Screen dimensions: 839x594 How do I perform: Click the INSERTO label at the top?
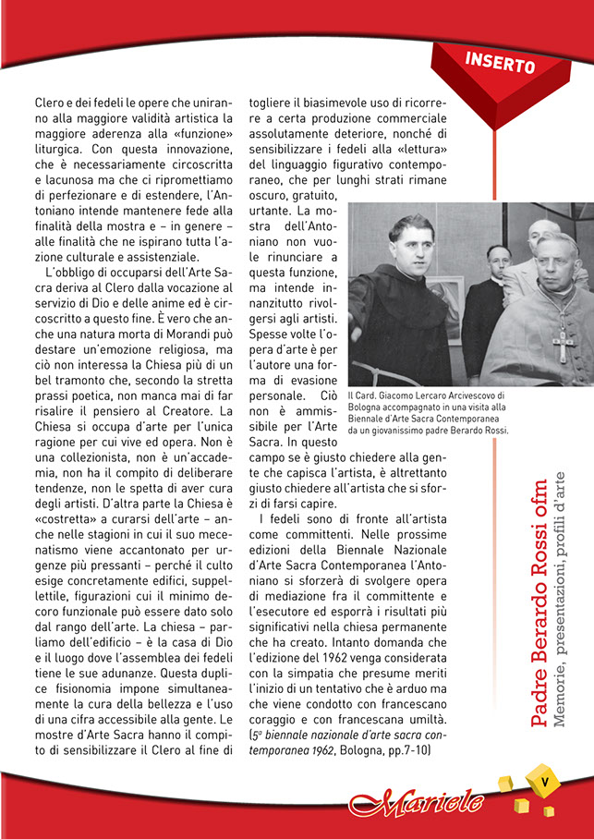pos(500,64)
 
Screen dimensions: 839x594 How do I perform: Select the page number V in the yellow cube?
pos(545,780)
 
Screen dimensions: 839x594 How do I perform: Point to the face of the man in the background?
pos(500,261)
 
